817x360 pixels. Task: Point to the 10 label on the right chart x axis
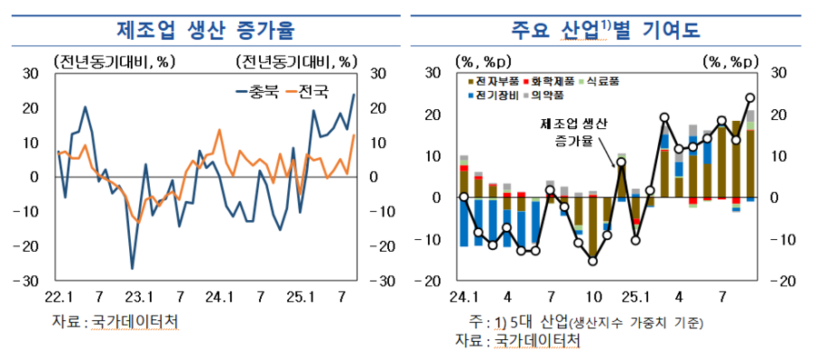coord(593,296)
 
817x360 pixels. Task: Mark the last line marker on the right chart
coord(750,97)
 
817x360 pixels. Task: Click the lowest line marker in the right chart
coord(593,261)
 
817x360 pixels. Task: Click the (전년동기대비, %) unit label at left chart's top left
coord(115,61)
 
